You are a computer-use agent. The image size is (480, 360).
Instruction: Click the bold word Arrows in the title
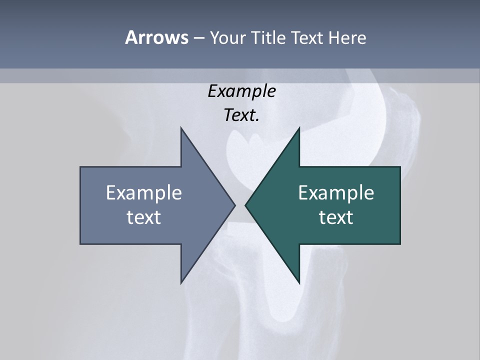pos(156,37)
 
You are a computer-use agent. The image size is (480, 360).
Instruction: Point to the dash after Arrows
pos(198,38)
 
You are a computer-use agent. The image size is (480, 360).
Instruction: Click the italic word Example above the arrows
pos(241,91)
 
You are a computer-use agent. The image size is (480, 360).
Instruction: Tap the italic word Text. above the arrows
pos(241,115)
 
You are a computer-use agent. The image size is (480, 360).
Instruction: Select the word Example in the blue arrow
pos(144,192)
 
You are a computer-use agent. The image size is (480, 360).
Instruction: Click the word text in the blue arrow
pos(144,217)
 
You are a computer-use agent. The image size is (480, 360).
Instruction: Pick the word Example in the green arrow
pos(336,192)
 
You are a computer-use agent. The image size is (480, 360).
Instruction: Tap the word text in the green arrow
pos(336,217)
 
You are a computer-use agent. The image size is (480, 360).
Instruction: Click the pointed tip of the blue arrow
pos(235,205)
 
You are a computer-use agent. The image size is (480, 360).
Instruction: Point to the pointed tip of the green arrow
pos(245,205)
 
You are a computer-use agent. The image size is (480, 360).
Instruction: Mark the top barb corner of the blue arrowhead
pos(181,127)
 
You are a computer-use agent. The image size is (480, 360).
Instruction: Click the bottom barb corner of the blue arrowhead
pos(181,283)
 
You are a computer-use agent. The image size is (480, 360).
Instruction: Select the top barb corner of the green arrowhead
pos(299,127)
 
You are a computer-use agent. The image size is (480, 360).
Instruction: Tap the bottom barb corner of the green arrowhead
pos(299,283)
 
